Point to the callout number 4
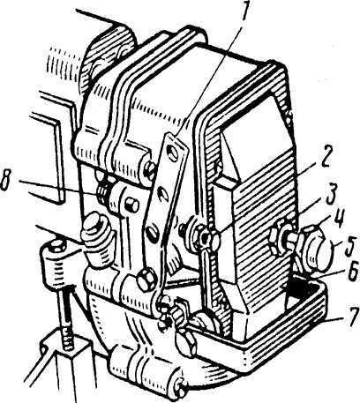(x=341, y=218)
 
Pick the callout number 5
(x=349, y=246)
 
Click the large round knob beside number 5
(x=319, y=248)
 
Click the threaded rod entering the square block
(x=68, y=319)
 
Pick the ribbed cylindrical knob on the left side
(x=96, y=240)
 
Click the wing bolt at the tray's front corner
(x=186, y=342)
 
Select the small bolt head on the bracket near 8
(x=131, y=205)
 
